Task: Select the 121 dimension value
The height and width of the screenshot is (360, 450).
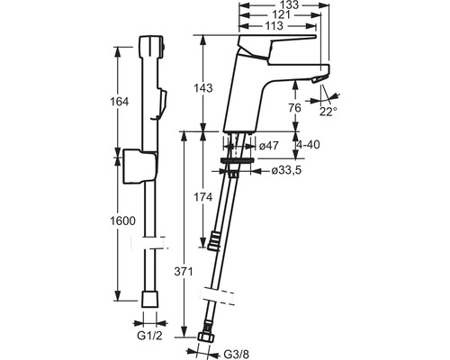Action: coord(281,15)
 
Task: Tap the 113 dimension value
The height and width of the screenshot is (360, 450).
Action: coord(274,26)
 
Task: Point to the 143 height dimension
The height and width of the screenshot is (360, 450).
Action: coord(203,88)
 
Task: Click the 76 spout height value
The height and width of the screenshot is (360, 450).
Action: coord(294,107)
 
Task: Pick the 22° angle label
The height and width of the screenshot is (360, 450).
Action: coord(328,112)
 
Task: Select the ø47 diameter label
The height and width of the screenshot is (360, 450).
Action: coord(269,146)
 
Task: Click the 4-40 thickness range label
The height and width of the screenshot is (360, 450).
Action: coord(308,145)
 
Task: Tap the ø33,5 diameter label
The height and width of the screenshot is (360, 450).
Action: coord(286,171)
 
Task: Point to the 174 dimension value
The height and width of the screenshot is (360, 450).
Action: coord(203,197)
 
